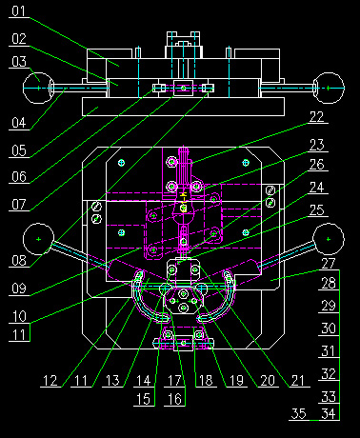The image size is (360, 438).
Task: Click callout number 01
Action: [19, 11]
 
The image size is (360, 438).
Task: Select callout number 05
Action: [19, 150]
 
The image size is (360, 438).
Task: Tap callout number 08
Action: [19, 261]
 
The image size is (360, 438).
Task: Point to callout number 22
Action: [316, 117]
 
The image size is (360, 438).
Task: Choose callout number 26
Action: [316, 165]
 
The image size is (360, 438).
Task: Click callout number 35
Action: [299, 413]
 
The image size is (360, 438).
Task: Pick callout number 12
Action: [50, 381]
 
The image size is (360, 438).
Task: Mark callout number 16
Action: [174, 399]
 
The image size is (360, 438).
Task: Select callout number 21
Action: [297, 381]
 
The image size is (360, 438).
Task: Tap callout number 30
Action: [329, 328]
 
